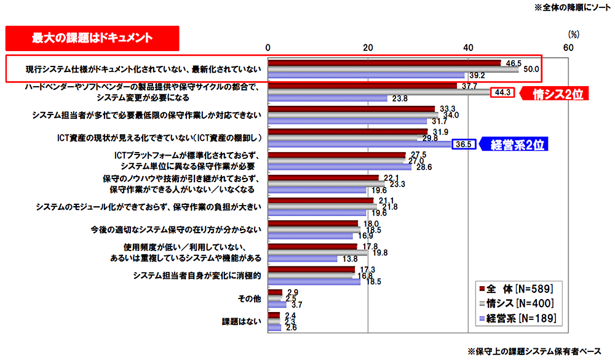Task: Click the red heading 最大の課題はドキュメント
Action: [92, 38]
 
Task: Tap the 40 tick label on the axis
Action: [468, 48]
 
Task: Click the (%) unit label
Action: [573, 36]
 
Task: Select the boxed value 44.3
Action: [502, 93]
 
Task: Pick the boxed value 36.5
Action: [463, 145]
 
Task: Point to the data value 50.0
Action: [531, 69]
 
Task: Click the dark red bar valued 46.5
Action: [384, 63]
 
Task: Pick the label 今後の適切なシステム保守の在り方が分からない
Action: [176, 230]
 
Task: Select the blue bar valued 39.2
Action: [367, 75]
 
